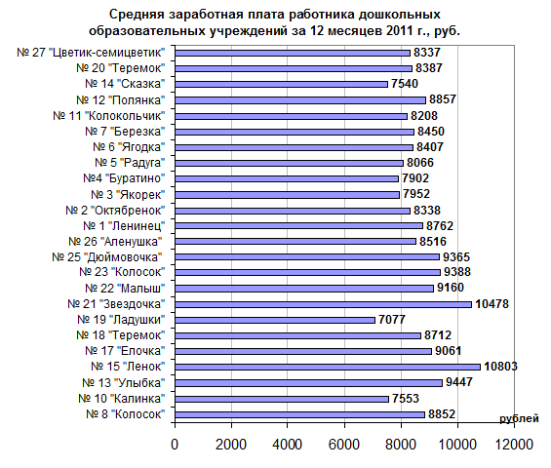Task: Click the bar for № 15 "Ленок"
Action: point(328,368)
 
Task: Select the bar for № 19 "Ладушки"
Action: point(275,320)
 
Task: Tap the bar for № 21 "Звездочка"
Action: point(324,304)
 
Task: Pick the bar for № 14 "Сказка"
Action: point(281,84)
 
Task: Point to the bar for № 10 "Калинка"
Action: point(282,399)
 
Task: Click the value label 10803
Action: point(500,367)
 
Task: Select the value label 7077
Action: point(392,320)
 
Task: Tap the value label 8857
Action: point(443,99)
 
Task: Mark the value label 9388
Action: point(457,272)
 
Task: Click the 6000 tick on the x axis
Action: point(344,445)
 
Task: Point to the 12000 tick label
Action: point(514,445)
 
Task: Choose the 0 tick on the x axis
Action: point(175,445)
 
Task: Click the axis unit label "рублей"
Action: point(519,419)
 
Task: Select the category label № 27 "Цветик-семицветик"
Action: point(91,53)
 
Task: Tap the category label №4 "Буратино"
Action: point(124,178)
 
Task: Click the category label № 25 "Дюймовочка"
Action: point(107,257)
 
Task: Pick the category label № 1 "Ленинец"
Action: point(124,225)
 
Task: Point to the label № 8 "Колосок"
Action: point(126,414)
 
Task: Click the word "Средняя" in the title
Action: point(137,15)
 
